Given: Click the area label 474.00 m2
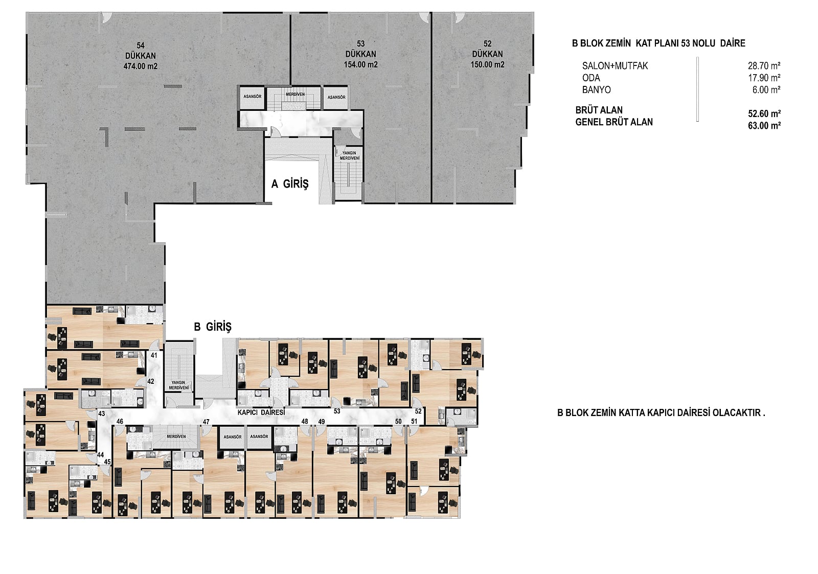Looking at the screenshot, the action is [x=141, y=66].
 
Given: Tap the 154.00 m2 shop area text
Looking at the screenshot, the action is [x=361, y=64].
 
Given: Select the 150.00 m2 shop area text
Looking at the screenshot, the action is [x=488, y=64].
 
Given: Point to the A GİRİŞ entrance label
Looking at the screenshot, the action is [x=290, y=183].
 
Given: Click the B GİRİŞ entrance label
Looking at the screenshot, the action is [x=213, y=327].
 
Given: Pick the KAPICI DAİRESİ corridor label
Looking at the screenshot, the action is [x=261, y=412].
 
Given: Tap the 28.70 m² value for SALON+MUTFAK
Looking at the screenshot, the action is [x=764, y=66].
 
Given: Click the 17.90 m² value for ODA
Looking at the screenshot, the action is [x=764, y=78].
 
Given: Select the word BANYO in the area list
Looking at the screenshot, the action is [x=596, y=90].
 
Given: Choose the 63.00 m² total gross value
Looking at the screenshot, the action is [x=764, y=126].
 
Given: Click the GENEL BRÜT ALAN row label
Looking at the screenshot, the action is [x=614, y=122].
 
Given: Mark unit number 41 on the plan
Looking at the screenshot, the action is [x=154, y=355].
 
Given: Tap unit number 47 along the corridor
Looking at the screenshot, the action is [x=207, y=422].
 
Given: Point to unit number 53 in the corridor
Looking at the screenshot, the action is [x=337, y=411].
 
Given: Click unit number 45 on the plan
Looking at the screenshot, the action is [x=107, y=462].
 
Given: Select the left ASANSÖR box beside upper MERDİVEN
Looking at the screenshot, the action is [x=253, y=97].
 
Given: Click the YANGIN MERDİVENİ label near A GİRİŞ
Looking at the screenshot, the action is [x=350, y=155].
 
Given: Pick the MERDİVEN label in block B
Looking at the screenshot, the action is [x=176, y=437].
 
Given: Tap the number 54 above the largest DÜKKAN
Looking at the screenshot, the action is [x=141, y=45].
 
